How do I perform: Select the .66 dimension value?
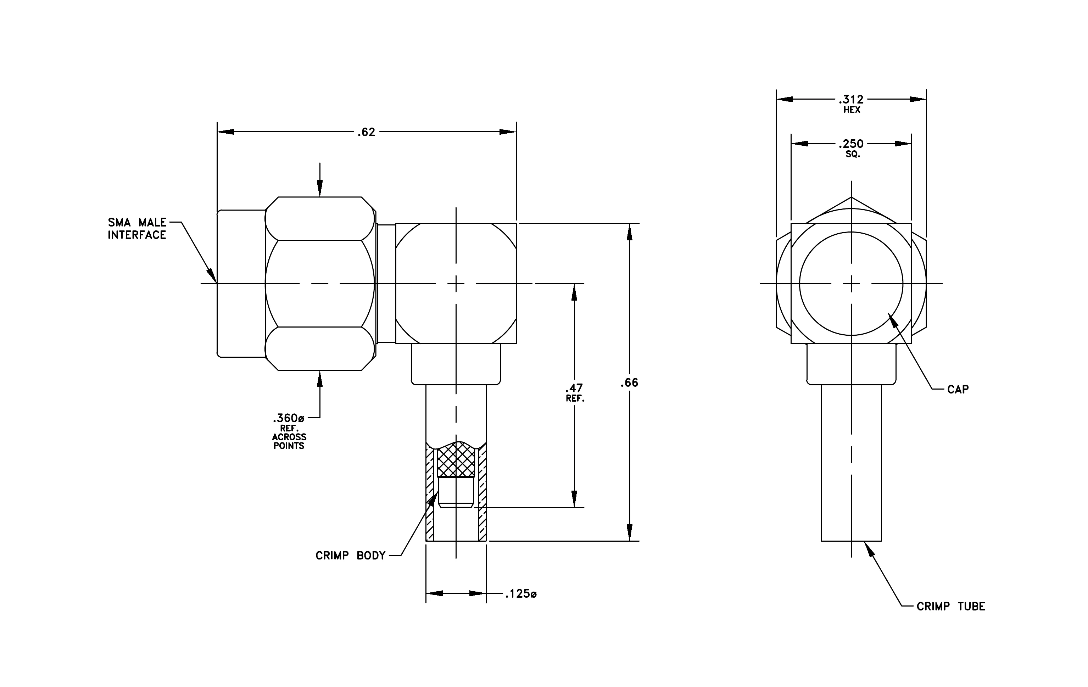pos(629,382)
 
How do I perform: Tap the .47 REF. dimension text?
pos(575,392)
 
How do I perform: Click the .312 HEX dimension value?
pos(851,104)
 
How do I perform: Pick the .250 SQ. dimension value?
pos(851,148)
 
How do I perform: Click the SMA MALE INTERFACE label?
pos(137,229)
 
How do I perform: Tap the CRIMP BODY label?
pos(351,555)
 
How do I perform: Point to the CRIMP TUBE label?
pos(951,606)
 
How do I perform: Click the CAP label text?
pos(958,389)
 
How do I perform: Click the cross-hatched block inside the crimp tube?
pos(456,460)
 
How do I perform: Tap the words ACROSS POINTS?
pos(289,441)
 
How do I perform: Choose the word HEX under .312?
pos(852,110)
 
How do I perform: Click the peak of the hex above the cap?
pos(851,197)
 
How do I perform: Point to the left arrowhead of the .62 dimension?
pos(225,132)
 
